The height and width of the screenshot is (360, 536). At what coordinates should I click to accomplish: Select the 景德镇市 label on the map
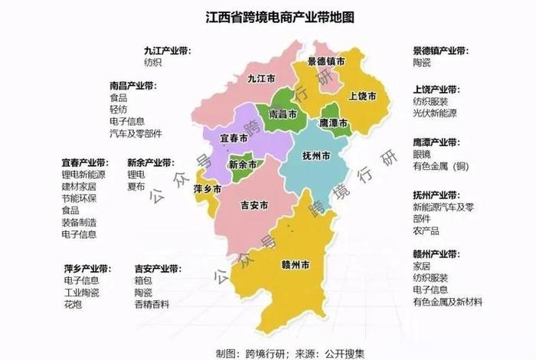click(x=326, y=61)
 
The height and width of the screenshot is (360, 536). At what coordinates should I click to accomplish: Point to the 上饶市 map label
click(x=361, y=97)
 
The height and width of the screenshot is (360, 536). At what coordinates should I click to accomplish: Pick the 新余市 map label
click(x=243, y=165)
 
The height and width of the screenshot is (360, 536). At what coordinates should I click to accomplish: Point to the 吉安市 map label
click(x=253, y=205)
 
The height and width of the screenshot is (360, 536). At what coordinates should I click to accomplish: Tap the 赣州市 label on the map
click(x=295, y=266)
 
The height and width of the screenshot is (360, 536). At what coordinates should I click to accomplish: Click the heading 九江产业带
click(x=166, y=51)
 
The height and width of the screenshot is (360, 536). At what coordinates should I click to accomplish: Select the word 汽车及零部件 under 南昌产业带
click(x=136, y=133)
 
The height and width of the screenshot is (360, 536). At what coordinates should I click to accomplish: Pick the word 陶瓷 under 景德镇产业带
click(x=423, y=63)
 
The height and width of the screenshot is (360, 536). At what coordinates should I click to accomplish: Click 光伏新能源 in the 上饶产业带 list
click(x=436, y=113)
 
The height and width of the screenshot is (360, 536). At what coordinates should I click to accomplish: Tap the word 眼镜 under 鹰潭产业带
click(x=423, y=154)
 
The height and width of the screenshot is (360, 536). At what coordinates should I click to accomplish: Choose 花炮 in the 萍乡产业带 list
click(x=74, y=305)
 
